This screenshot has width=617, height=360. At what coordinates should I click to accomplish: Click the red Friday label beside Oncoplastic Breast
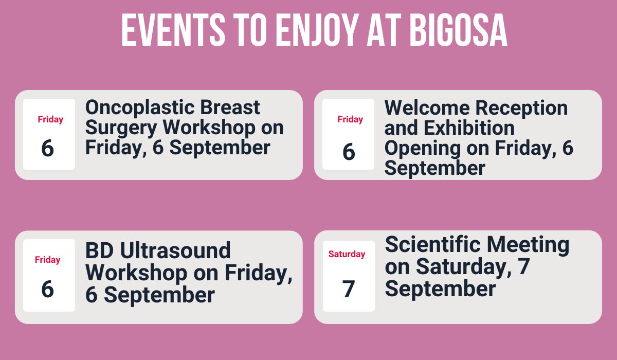click(x=50, y=119)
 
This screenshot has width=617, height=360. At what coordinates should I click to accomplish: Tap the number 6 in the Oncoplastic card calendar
click(x=47, y=148)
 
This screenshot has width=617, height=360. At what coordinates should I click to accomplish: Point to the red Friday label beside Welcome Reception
click(x=350, y=119)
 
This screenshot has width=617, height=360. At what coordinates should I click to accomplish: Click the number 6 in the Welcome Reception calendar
click(x=349, y=151)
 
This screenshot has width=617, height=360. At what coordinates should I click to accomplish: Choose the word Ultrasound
click(x=176, y=251)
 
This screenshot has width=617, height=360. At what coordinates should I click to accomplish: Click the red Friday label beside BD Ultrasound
click(x=48, y=260)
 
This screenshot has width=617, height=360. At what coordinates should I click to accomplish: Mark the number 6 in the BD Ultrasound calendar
click(x=47, y=289)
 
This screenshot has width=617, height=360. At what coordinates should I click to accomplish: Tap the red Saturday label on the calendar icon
click(x=347, y=254)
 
